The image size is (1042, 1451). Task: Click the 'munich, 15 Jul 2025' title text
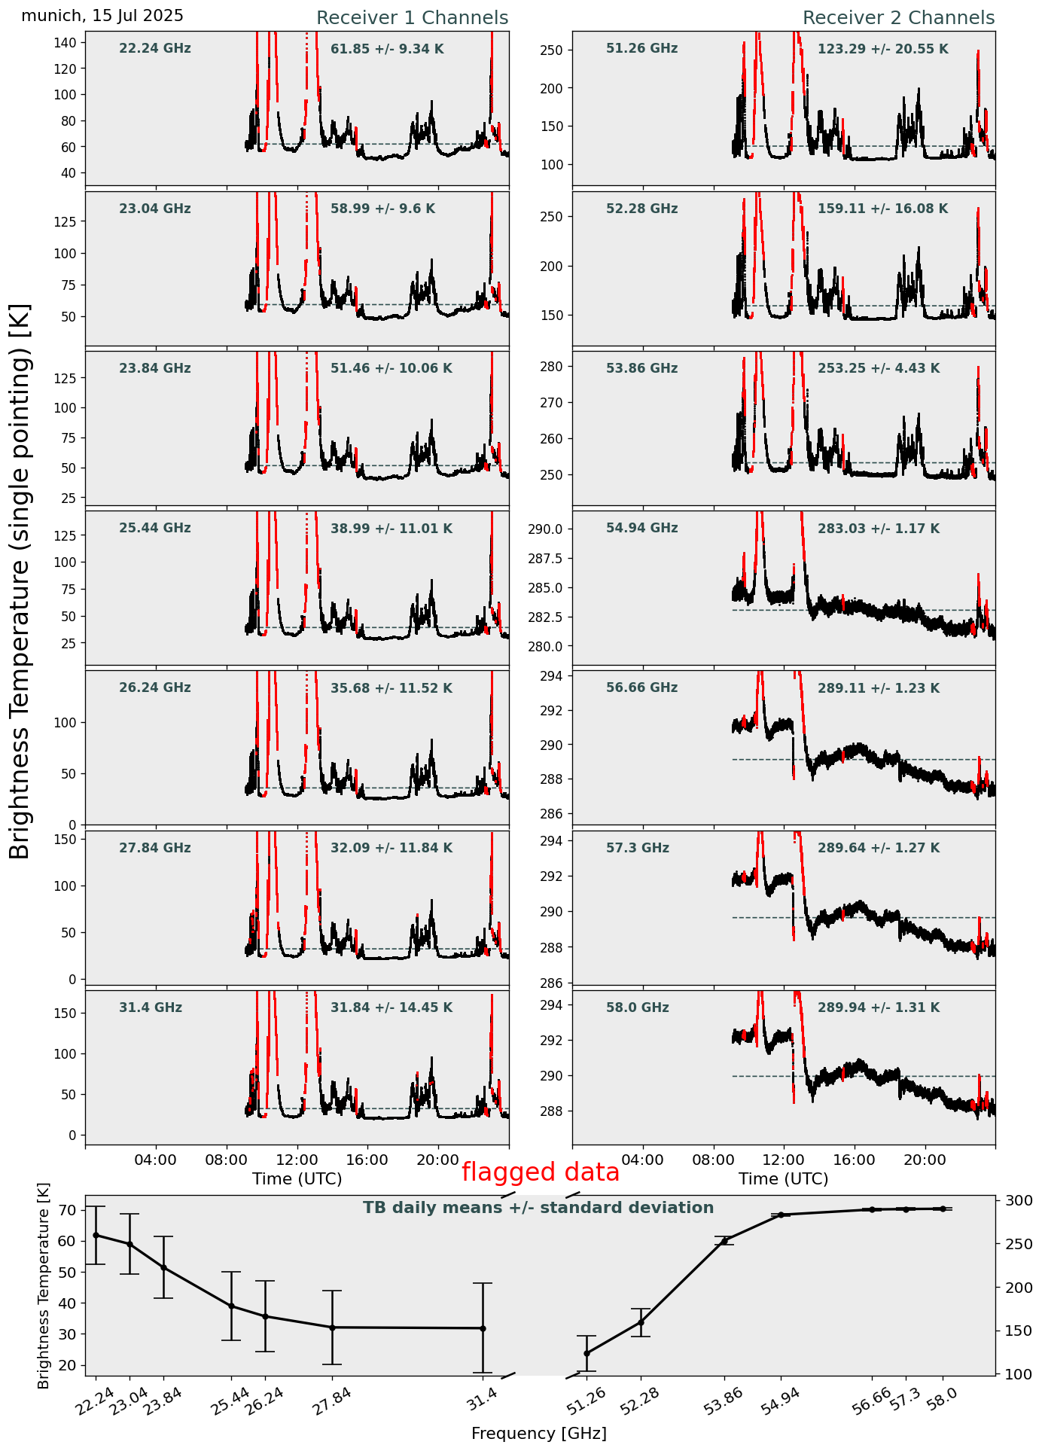102,16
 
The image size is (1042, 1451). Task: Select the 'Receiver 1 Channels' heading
412,18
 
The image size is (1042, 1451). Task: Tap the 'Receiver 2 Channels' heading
898,18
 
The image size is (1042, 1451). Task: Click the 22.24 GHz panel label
155,49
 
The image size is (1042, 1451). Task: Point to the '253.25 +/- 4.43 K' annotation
879,369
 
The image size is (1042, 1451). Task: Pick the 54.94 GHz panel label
641,529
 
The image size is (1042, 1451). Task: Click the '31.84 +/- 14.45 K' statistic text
392,1007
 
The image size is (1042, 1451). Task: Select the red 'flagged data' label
541,1172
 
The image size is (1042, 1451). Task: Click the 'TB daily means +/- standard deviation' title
538,1208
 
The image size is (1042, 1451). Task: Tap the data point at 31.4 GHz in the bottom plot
483,1328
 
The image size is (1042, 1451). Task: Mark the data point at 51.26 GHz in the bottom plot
587,1353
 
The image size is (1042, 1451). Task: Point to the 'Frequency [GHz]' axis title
538,1434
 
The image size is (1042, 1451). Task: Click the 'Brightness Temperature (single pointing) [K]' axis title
20,581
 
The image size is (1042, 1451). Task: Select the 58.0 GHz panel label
637,1007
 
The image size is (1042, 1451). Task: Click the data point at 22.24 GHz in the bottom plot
96,1235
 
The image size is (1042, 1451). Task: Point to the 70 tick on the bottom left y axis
67,1210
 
